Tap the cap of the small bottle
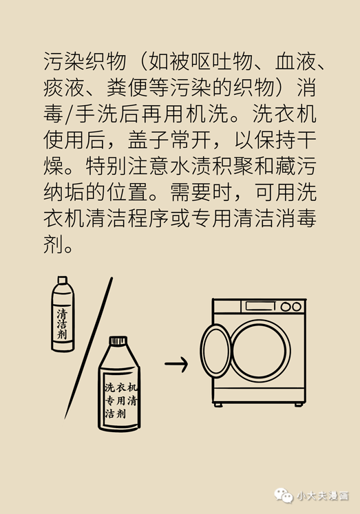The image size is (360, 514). pyautogui.click(x=62, y=281)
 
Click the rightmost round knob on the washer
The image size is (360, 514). pyautogui.click(x=297, y=307)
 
